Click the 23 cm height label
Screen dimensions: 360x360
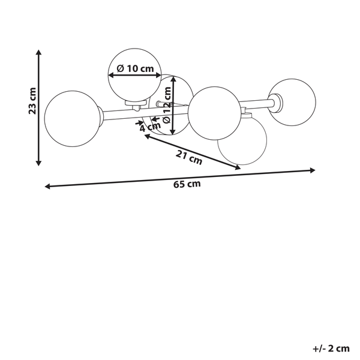point(32,101)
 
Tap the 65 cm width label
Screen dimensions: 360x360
point(187,184)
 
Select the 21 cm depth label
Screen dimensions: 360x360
point(189,157)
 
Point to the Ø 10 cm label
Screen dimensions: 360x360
point(135,68)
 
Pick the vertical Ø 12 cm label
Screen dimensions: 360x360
point(167,105)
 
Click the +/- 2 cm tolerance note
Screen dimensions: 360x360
point(331,349)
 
